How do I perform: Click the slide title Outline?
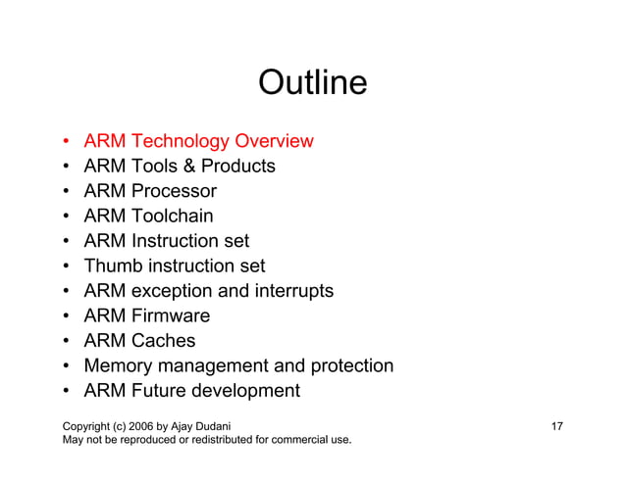point(312,82)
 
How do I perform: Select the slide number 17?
point(556,426)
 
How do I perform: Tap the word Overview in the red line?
point(274,141)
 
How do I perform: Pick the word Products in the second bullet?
point(238,166)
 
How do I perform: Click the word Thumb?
point(113,266)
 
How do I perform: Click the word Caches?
point(163,341)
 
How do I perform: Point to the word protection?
point(349,366)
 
